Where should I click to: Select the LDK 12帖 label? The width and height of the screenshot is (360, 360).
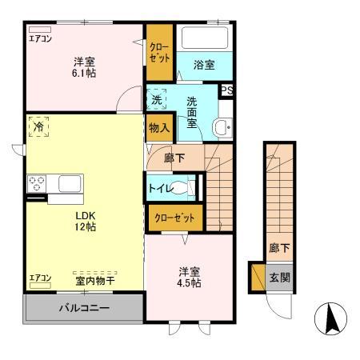86,222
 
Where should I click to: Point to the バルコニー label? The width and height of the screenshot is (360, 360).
82,307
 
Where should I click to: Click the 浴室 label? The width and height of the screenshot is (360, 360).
204,66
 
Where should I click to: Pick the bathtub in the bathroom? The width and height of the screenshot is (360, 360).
205,39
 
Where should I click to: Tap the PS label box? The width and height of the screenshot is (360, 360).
227,90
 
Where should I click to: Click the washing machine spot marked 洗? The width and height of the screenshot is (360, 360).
157,100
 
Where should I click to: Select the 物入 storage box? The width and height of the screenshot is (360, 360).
158,127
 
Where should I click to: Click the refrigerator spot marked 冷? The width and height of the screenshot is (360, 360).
38,127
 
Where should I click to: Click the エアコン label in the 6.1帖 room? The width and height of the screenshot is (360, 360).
39,38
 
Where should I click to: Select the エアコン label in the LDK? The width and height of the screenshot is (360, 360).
40,278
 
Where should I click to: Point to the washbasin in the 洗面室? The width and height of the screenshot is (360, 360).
222,126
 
